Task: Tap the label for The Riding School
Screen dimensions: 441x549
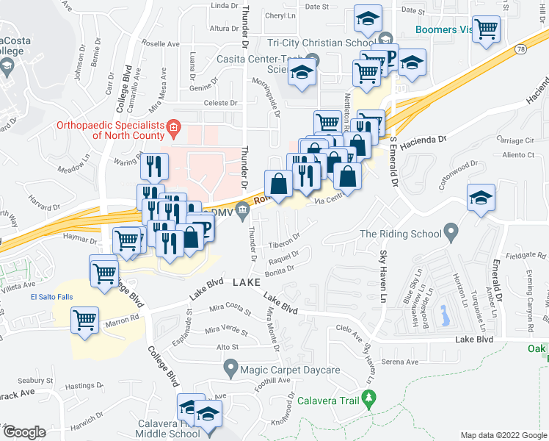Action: (401, 234)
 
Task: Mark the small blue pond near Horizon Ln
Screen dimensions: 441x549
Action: (443, 315)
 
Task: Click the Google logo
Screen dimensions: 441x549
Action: (24, 431)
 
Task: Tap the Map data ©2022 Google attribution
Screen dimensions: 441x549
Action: (503, 435)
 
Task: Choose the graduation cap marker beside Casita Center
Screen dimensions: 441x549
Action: (302, 73)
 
